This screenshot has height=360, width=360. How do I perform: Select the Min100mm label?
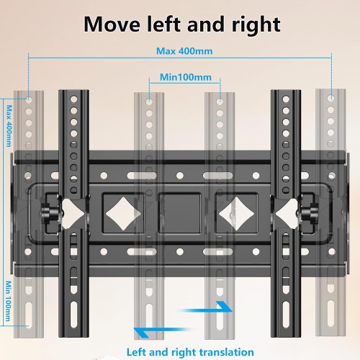(x=184, y=76)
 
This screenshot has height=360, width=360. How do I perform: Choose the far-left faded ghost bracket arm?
(x=28, y=216)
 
